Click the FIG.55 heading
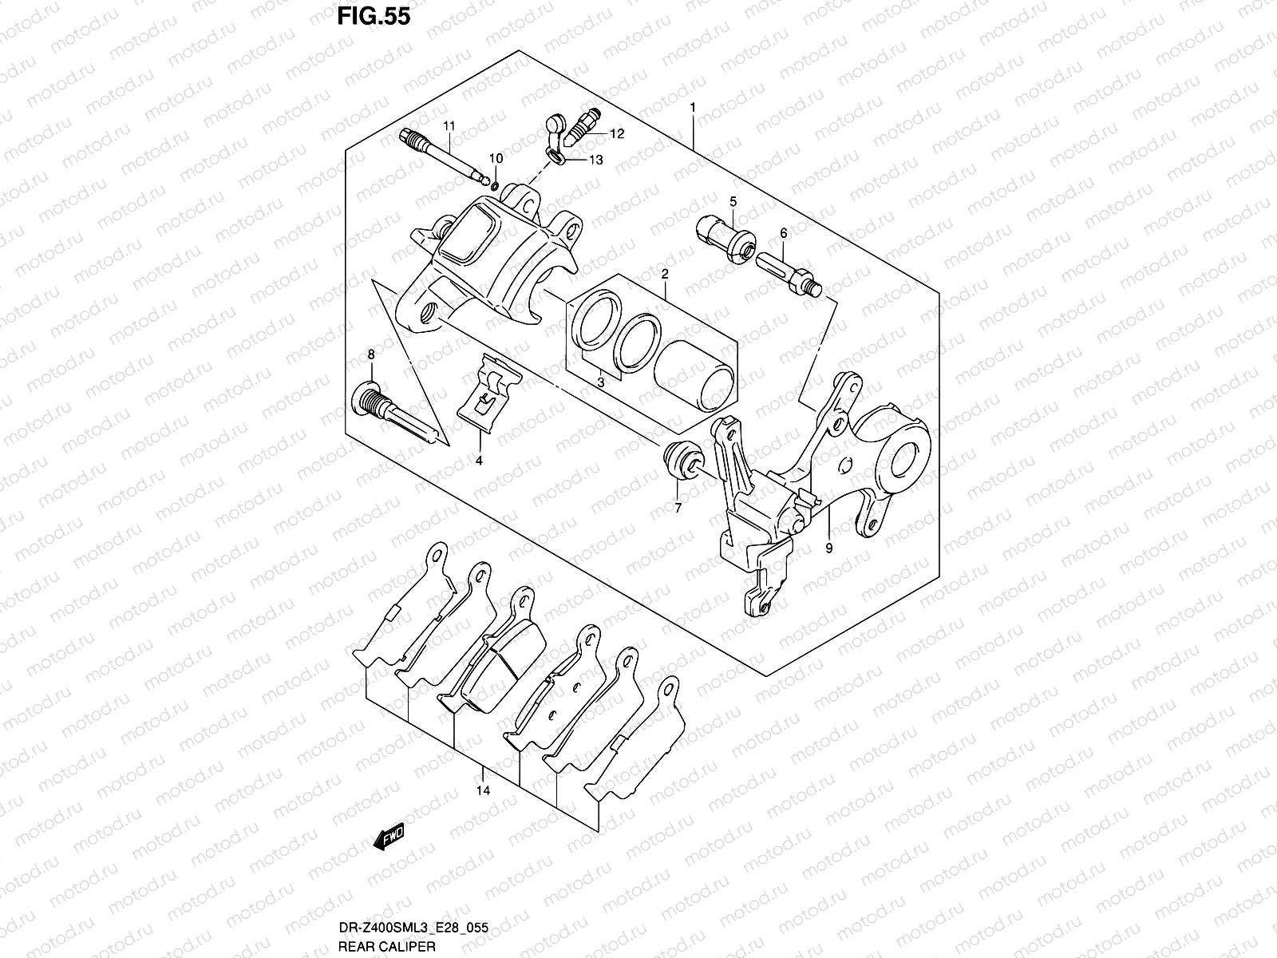[373, 15]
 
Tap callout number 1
[693, 107]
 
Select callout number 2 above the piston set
[664, 274]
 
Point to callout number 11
[449, 126]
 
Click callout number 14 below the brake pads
[483, 790]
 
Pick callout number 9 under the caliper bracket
[828, 548]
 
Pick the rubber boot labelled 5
[727, 240]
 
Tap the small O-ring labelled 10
[495, 187]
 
